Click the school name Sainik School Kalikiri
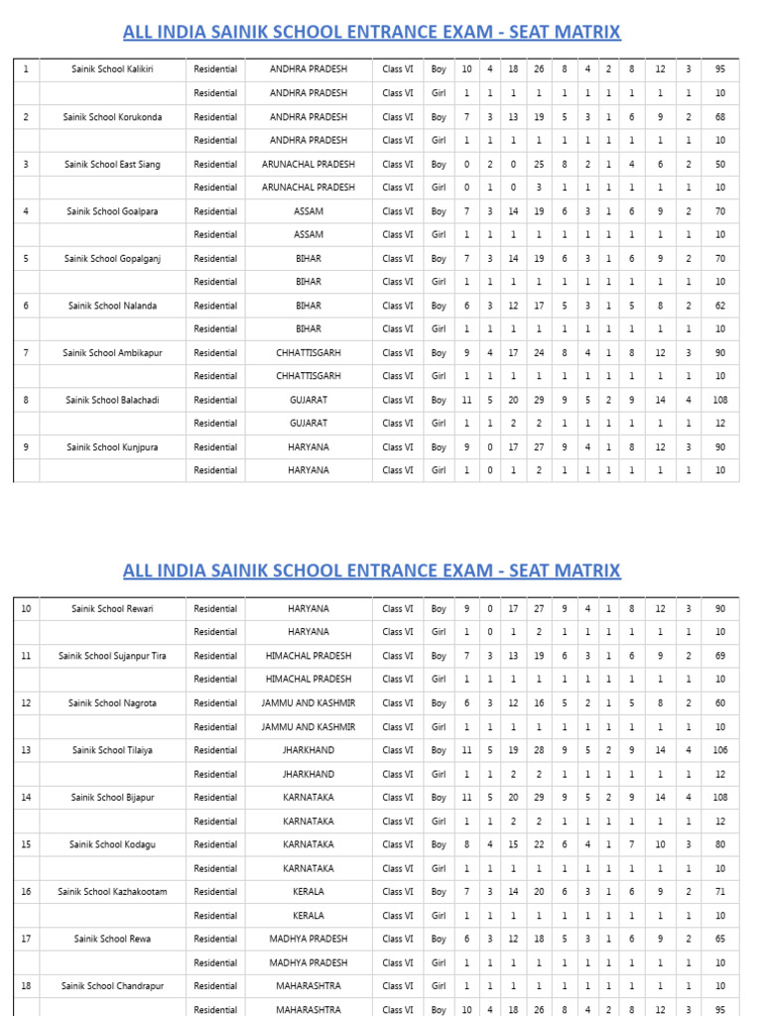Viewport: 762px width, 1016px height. (112, 69)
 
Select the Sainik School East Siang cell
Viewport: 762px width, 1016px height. (112, 164)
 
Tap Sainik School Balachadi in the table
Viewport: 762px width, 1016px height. (112, 400)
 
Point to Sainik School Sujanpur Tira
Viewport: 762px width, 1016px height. (112, 656)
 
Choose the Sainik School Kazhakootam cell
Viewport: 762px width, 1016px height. (112, 892)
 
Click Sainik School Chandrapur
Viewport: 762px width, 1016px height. (112, 986)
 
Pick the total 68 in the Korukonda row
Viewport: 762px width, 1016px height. (719, 117)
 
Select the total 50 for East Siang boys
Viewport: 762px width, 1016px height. (719, 164)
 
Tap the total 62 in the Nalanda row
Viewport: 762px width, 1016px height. (719, 306)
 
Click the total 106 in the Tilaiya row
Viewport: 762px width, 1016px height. (719, 750)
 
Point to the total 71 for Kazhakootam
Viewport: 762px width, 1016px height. (719, 892)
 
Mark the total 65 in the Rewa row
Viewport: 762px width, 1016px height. (719, 939)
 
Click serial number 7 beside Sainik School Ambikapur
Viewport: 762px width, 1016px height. (26, 352)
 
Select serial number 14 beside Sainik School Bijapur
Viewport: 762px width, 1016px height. (26, 798)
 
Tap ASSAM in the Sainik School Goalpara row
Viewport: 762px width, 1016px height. (309, 211)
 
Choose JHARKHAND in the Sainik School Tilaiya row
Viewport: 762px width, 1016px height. (309, 750)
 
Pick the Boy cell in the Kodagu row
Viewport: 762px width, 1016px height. (439, 844)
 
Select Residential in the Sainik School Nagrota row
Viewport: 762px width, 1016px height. (215, 702)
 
